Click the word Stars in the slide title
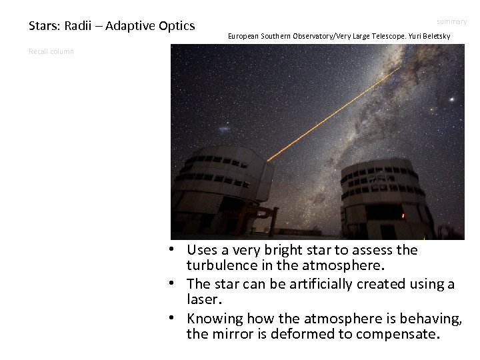(43, 27)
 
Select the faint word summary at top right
(453, 22)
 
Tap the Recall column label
(51, 51)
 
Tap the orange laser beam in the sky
(333, 113)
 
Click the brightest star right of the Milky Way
(453, 99)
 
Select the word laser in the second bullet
(201, 300)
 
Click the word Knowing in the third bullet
(211, 319)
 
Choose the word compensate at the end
(398, 334)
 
